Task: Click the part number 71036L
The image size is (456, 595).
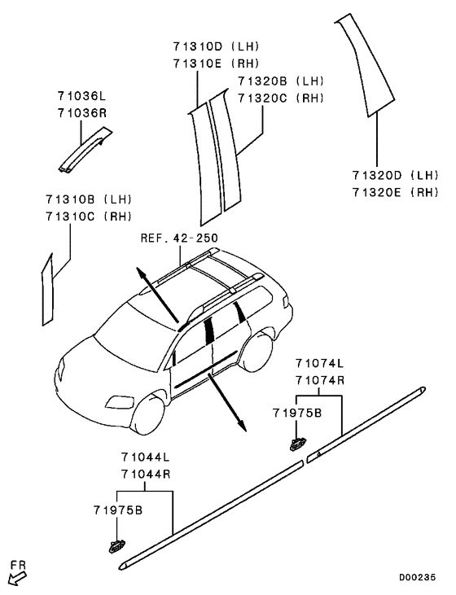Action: [81, 96]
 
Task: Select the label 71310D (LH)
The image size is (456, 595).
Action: [216, 46]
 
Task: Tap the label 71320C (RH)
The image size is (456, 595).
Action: [281, 98]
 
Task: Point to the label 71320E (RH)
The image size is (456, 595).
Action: [395, 192]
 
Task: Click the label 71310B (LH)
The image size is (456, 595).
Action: [89, 199]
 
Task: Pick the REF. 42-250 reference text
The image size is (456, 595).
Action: [179, 238]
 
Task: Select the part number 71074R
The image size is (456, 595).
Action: [320, 380]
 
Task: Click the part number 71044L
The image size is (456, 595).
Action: [146, 457]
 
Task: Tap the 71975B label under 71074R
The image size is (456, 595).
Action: [297, 413]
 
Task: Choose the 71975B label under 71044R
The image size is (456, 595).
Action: [118, 510]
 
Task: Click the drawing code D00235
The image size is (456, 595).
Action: [417, 578]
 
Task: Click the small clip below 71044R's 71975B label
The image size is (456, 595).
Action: [116, 545]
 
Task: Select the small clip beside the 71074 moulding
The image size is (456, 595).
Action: [298, 444]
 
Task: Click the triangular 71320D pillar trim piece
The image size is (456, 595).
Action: [365, 64]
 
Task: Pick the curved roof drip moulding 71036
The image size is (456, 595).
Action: [85, 150]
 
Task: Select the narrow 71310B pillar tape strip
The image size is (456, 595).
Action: [47, 290]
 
